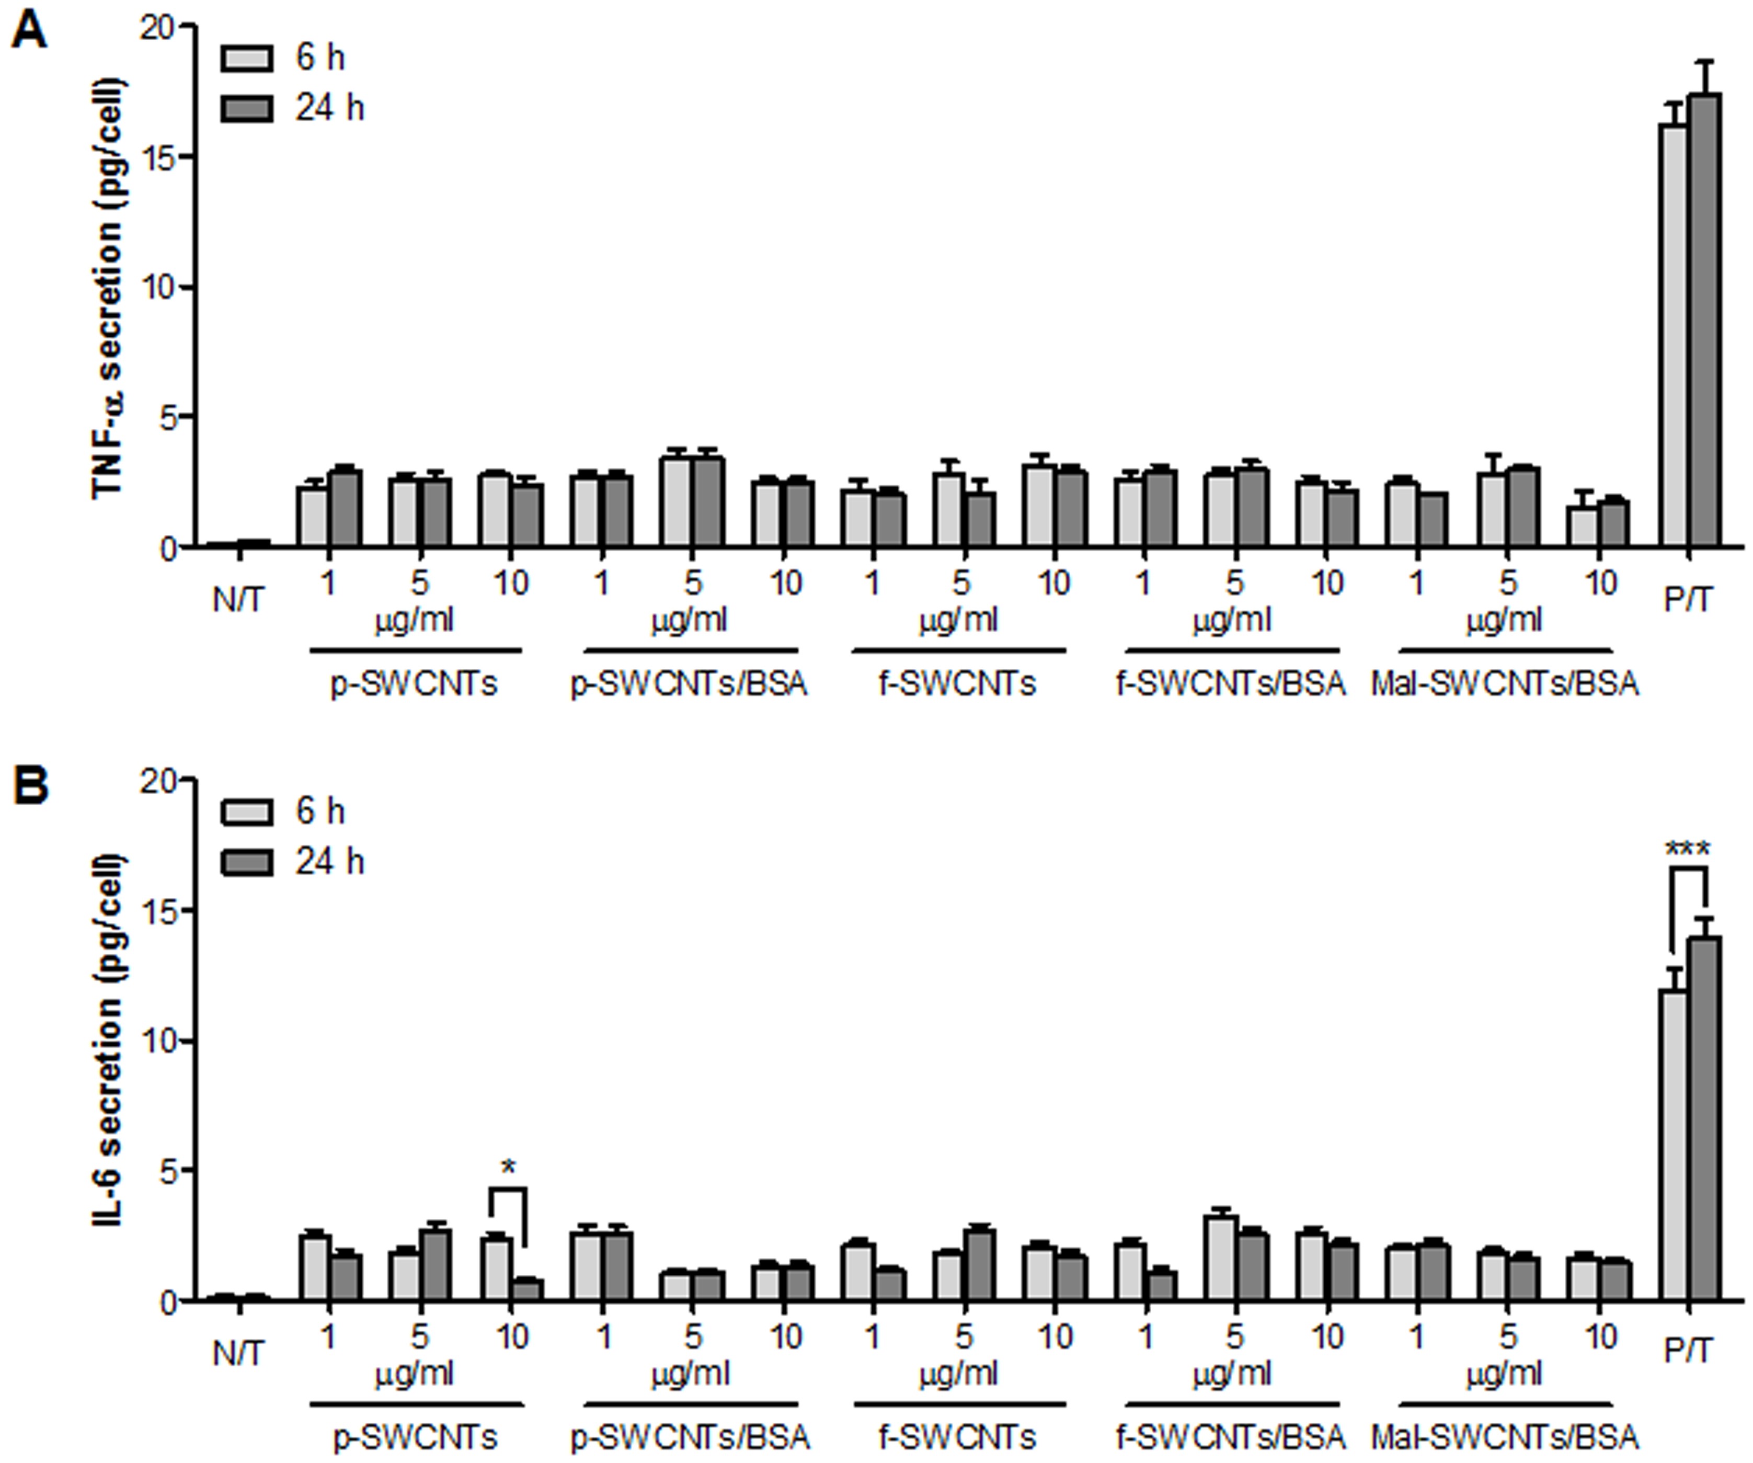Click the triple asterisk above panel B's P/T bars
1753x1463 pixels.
click(1687, 850)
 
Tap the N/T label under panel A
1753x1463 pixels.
click(238, 600)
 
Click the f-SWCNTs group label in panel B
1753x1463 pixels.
click(957, 1438)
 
